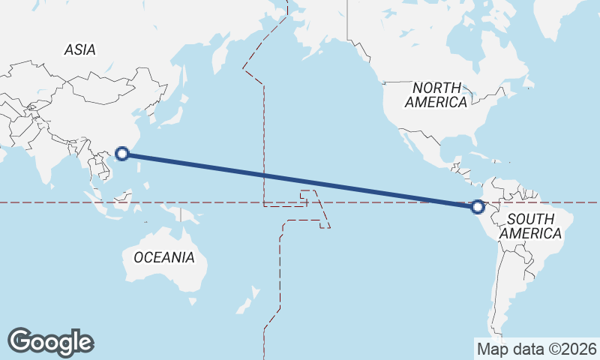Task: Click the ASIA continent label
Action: (79, 50)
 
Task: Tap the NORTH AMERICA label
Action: (436, 94)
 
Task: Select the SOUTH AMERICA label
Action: (531, 226)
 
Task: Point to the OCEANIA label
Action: (163, 257)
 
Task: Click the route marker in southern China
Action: (123, 155)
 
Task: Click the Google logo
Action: (50, 342)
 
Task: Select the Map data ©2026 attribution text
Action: (536, 349)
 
